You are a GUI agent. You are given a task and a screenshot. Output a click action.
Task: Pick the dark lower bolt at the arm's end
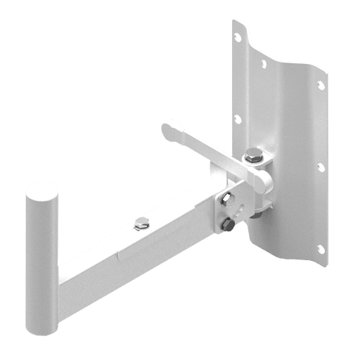(x=227, y=225)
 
